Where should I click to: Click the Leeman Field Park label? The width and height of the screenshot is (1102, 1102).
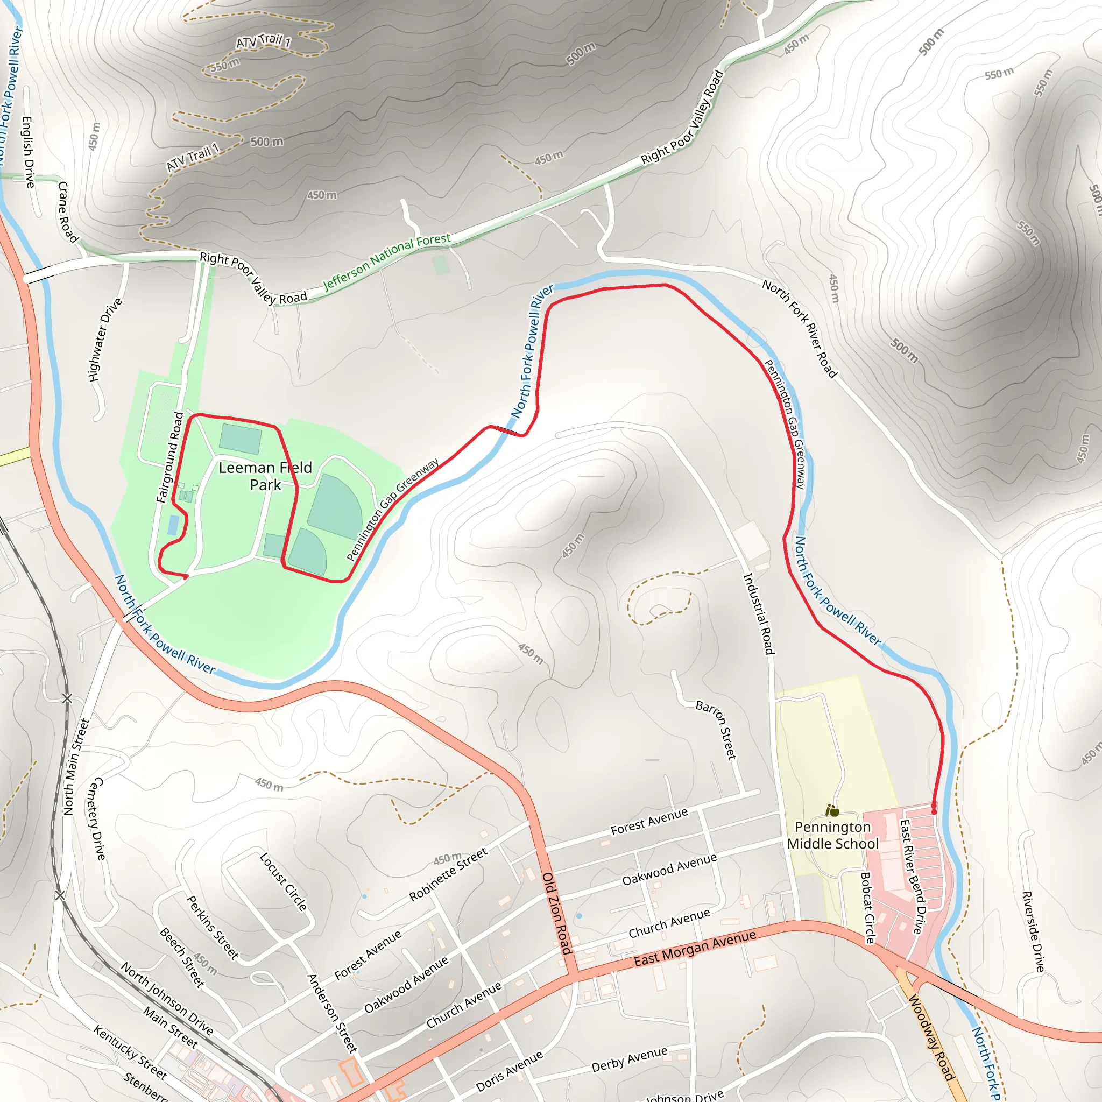(x=265, y=476)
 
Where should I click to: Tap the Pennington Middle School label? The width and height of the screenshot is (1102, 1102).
(x=832, y=835)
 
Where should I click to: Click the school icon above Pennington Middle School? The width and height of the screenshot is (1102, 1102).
(x=832, y=810)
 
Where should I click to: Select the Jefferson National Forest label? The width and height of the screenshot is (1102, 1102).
(x=387, y=263)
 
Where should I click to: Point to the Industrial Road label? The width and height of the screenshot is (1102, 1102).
(x=758, y=614)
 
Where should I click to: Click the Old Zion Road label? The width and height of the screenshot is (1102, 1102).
(x=557, y=913)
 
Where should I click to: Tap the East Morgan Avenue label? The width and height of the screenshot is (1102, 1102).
(x=695, y=949)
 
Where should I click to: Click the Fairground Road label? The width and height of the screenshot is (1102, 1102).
(x=169, y=457)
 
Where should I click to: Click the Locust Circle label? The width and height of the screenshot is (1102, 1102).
(x=284, y=882)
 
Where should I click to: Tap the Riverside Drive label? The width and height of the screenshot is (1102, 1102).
(x=1033, y=931)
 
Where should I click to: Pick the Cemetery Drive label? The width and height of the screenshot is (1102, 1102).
(x=96, y=818)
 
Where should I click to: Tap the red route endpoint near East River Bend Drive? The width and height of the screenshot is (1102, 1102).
(x=934, y=810)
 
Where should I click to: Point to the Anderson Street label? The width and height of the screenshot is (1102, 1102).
(x=332, y=1013)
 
